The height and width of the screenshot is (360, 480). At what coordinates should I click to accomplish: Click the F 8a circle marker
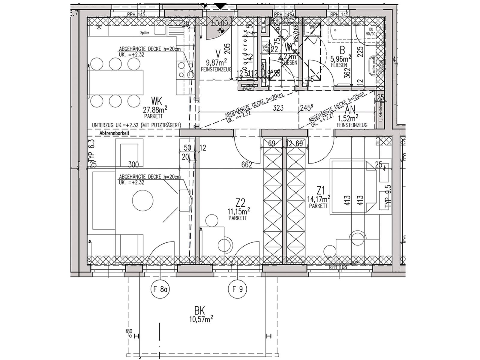(160, 290)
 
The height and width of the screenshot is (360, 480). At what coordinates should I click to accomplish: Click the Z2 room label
(240, 203)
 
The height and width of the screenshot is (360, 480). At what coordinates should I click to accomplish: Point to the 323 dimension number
(278, 108)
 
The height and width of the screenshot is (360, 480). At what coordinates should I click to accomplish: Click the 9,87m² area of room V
(216, 63)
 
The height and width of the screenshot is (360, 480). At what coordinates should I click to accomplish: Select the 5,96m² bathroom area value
(341, 58)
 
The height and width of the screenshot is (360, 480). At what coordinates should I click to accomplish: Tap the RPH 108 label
(337, 267)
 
